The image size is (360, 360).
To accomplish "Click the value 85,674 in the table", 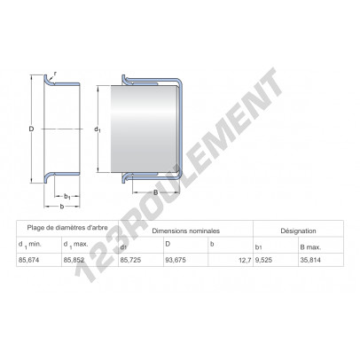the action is point(28,260).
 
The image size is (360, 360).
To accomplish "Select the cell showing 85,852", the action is point(74,260).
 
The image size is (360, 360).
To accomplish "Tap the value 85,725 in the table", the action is point(130,260).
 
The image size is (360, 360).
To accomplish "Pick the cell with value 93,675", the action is point(176,260).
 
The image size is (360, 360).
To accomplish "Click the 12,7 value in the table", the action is point(245,261).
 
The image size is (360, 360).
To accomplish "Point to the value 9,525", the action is point(263,260).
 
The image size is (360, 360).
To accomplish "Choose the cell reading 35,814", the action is point(310,260).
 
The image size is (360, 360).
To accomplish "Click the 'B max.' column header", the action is point(310,247).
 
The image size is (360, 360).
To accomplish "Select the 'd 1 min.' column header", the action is point(30,245).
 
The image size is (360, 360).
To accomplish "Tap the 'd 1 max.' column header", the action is point(76,245).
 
